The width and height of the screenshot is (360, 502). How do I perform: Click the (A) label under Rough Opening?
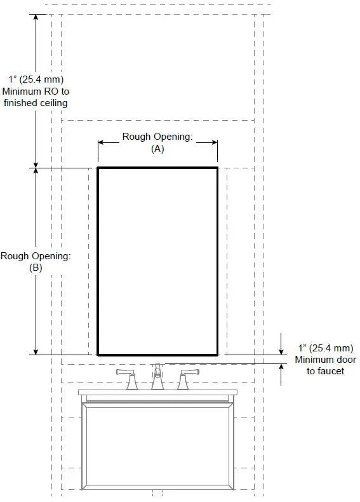click(157, 149)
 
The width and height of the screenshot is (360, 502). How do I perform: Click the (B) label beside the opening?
click(36, 268)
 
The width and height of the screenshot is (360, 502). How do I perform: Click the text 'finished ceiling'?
click(36, 102)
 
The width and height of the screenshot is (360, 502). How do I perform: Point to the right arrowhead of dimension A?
click(214, 142)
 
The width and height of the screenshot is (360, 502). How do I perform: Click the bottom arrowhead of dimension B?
click(36, 350)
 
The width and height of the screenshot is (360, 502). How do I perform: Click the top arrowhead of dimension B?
click(36, 172)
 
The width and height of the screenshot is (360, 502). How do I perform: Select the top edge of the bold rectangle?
click(157, 168)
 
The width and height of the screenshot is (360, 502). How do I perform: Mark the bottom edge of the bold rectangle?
click(157, 354)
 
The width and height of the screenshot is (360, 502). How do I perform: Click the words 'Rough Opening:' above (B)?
click(36, 256)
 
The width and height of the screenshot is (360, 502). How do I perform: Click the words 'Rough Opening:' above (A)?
click(157, 137)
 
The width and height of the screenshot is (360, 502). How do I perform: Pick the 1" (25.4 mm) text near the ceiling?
click(36, 79)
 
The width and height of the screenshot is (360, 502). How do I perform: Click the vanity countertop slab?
click(157, 393)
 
